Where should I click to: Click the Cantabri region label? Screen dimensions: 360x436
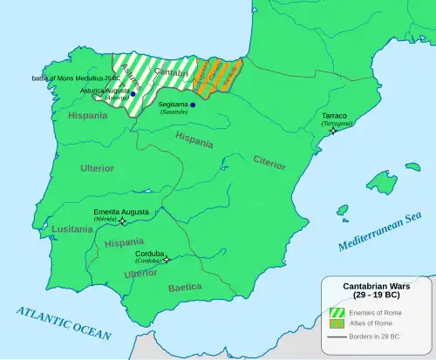click(x=170, y=74)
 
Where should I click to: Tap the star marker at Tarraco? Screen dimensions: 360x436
click(x=332, y=131)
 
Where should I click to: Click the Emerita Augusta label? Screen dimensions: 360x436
click(x=120, y=211)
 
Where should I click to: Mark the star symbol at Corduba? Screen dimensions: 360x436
click(x=167, y=258)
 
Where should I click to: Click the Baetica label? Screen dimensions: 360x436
click(x=185, y=286)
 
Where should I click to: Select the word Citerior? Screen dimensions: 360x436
click(x=269, y=160)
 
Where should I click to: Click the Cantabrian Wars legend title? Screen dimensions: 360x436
click(x=378, y=289)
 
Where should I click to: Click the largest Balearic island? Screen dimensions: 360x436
click(x=381, y=182)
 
